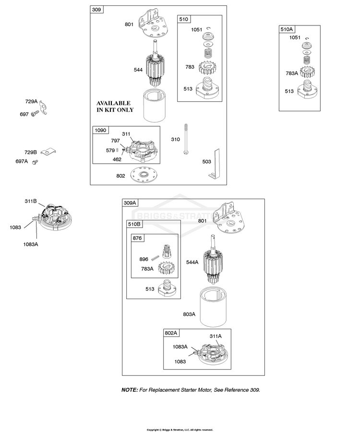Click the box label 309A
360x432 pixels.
pos(130,203)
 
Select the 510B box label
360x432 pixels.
pos(134,224)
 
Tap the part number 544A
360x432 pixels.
pos(192,262)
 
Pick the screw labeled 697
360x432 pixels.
pos(35,113)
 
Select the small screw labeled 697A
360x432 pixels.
pos(35,162)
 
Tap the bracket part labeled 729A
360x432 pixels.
pos(43,108)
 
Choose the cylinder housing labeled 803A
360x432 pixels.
pos(214,307)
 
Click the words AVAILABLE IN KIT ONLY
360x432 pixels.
pos(115,107)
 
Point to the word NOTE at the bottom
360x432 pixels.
pos(130,390)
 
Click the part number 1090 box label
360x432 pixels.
pos(100,130)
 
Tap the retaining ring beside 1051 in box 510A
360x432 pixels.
pos(307,38)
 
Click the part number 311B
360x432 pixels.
pos(31,201)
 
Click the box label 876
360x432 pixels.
pos(137,238)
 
